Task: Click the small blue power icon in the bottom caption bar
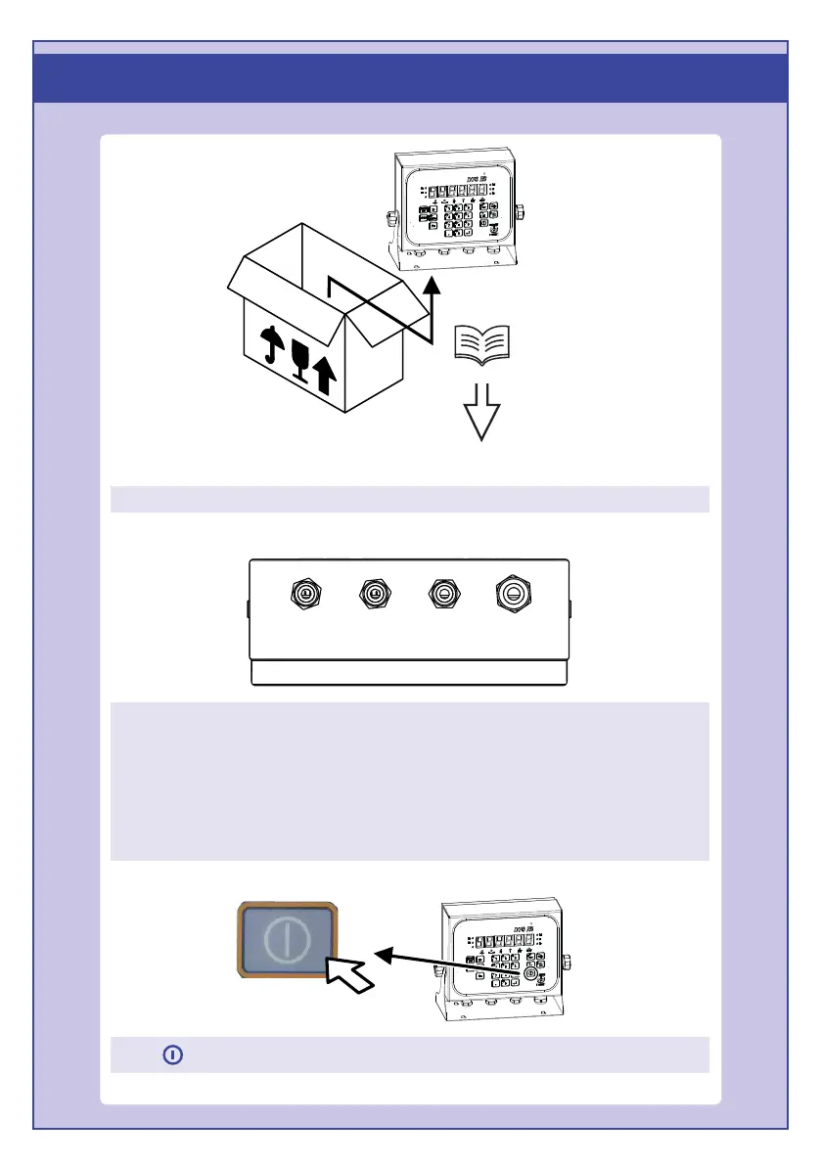click(172, 1055)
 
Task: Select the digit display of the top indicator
click(456, 191)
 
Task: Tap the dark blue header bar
click(411, 77)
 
